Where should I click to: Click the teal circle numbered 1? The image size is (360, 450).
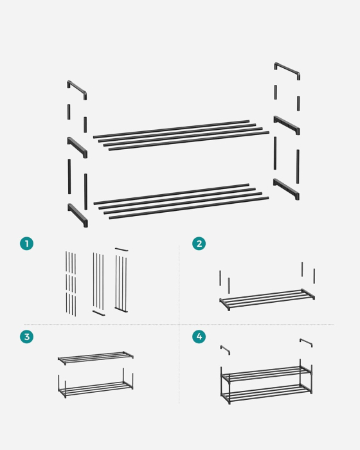26,243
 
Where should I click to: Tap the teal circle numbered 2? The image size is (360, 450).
199,243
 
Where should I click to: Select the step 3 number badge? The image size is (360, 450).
26,337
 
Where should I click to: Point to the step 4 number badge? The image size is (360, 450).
199,337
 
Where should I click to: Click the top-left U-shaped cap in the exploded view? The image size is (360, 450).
76,89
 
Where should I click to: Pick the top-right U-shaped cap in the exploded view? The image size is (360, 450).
287,70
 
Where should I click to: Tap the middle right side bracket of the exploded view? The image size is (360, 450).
287,123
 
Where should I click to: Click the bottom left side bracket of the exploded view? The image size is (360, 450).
78,215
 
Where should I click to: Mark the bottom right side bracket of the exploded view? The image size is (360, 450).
286,188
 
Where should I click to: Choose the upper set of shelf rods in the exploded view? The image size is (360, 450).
180,135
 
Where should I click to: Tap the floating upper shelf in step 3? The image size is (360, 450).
96,356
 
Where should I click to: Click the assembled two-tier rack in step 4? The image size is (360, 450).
266,382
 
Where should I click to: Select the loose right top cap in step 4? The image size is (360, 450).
306,343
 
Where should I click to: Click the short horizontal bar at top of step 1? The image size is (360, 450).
122,249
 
